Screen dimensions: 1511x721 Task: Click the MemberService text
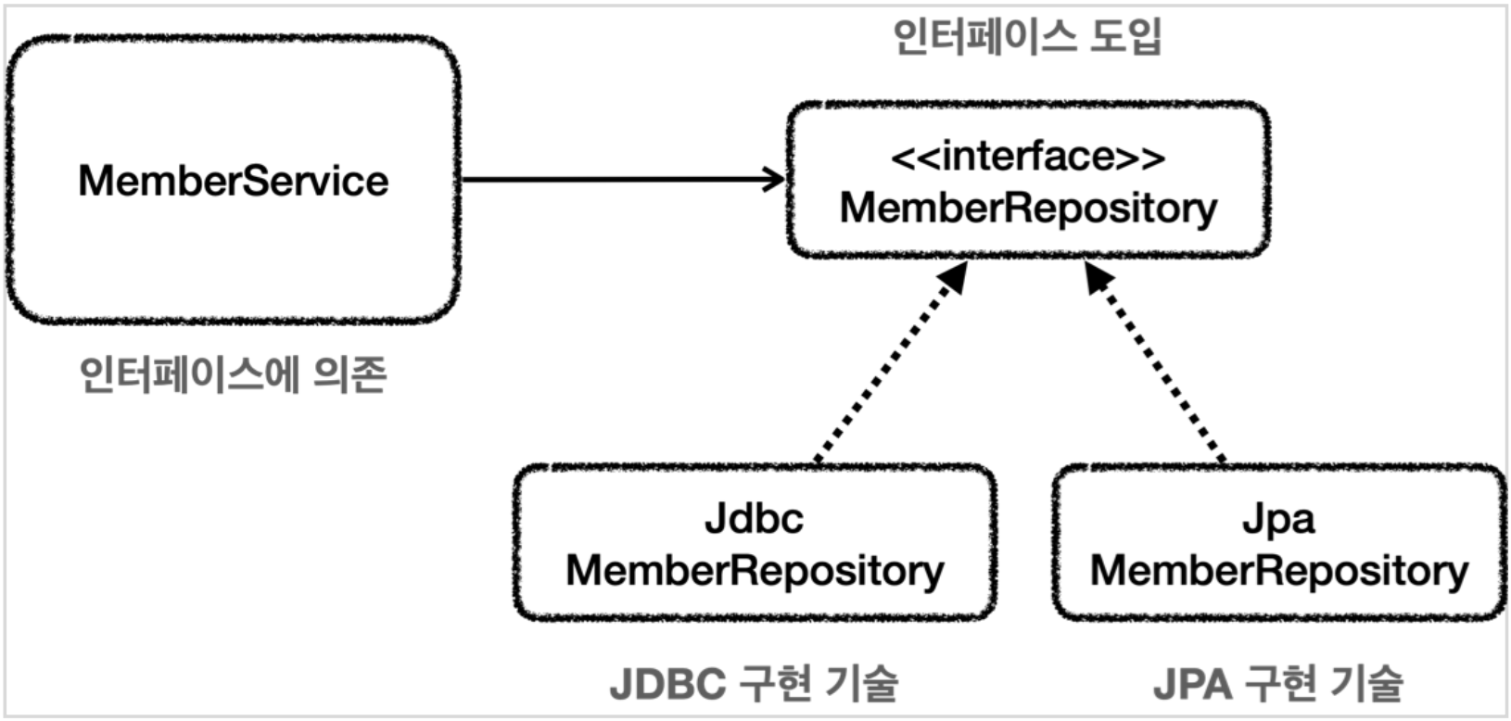click(x=234, y=181)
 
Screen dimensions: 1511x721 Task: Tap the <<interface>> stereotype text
click(x=1028, y=157)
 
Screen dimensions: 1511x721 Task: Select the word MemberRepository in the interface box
click(x=1028, y=209)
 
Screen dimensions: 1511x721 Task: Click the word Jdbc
click(x=755, y=519)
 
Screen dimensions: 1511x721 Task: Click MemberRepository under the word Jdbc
click(x=755, y=571)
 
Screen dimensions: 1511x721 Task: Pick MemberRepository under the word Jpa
click(x=1279, y=571)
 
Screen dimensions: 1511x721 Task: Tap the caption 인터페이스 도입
click(x=1027, y=36)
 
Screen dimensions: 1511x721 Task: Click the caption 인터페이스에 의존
click(x=234, y=374)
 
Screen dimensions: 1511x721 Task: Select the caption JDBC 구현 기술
click(x=755, y=683)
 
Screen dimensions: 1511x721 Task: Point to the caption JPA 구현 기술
click(x=1278, y=683)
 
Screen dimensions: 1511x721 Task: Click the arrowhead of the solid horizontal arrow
click(x=774, y=180)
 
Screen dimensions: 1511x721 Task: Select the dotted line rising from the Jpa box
click(x=1155, y=363)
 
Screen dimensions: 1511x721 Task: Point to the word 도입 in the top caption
click(x=1125, y=36)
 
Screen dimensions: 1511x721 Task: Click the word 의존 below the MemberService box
click(x=350, y=374)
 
